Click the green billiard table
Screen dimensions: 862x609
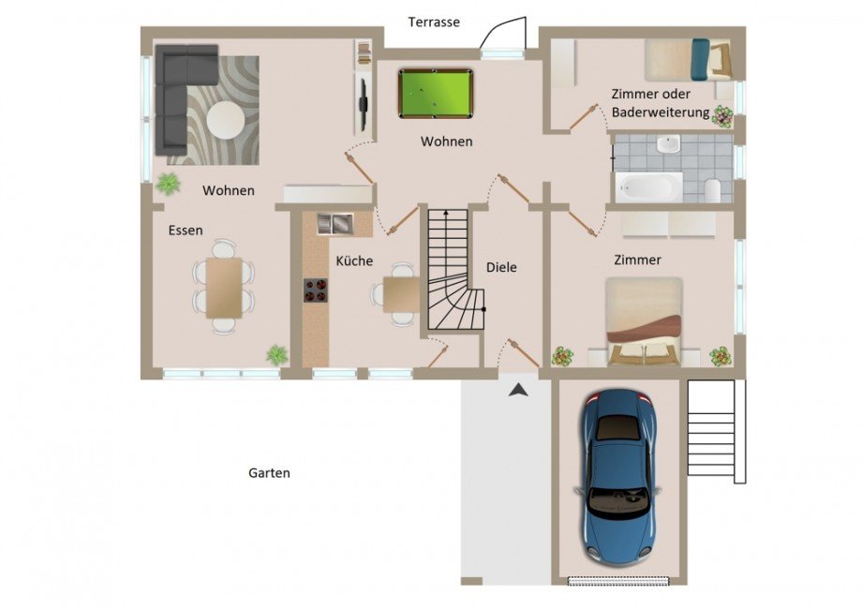point(436,94)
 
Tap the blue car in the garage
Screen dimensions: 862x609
point(618,477)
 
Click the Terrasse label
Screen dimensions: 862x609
point(434,22)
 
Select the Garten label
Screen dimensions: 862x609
point(269,473)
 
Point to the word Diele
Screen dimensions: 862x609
point(501,267)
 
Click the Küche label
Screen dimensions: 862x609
point(354,260)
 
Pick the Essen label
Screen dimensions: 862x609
point(186,230)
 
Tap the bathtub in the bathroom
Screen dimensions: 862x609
point(648,187)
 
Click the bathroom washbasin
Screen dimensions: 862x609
point(668,144)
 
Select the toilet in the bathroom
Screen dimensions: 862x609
point(712,190)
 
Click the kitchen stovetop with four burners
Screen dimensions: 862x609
point(316,290)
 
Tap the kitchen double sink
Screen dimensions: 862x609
point(335,224)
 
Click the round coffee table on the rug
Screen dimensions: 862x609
point(226,119)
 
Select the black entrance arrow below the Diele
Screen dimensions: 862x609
point(518,391)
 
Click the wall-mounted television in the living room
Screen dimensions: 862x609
point(363,104)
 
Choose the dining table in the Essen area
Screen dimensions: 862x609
point(224,288)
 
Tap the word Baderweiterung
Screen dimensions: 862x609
point(661,112)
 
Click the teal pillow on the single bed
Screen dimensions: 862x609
point(700,59)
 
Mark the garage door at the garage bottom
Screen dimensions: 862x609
point(619,580)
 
